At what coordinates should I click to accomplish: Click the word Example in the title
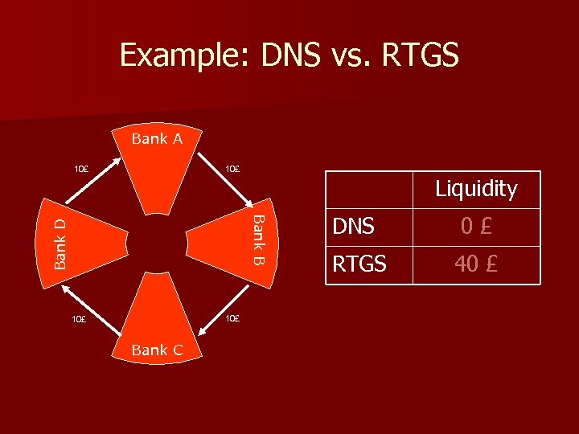pyautogui.click(x=183, y=55)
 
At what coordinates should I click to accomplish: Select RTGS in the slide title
pyautogui.click(x=419, y=55)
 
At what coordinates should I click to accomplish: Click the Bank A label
pyautogui.click(x=157, y=138)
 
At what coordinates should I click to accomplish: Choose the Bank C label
pyautogui.click(x=157, y=350)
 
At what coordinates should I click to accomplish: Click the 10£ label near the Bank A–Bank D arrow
pyautogui.click(x=81, y=170)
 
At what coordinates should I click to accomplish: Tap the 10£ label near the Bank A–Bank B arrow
pyautogui.click(x=232, y=169)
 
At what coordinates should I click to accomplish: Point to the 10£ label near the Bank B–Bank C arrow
pyautogui.click(x=232, y=318)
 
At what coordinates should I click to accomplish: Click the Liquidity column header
pyautogui.click(x=476, y=189)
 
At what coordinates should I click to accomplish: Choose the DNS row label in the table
pyautogui.click(x=353, y=227)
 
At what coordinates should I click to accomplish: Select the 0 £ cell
pyautogui.click(x=476, y=227)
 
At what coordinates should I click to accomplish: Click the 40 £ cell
pyautogui.click(x=476, y=264)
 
